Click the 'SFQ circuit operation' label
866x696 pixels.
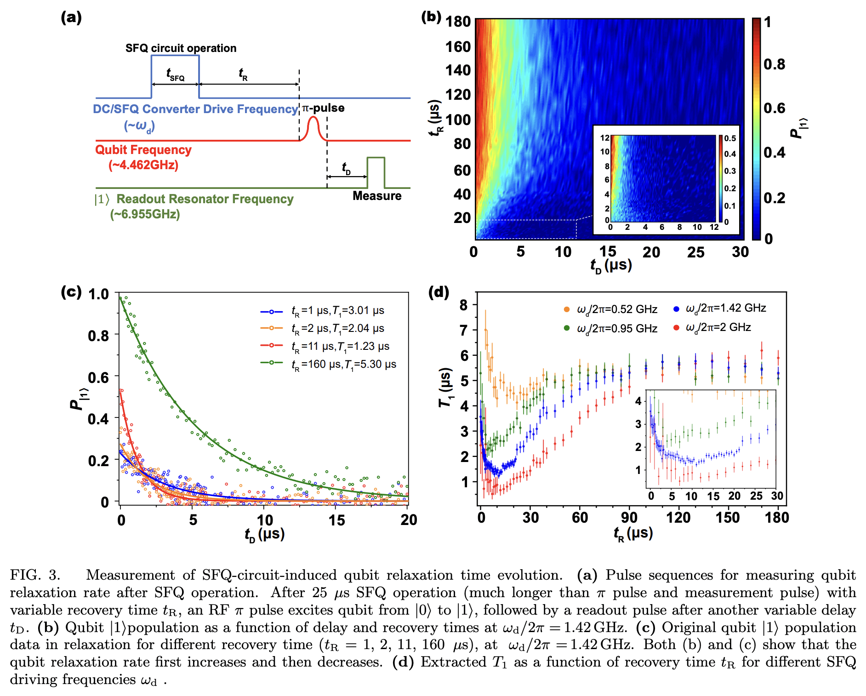[181, 48]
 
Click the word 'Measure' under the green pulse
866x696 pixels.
[377, 196]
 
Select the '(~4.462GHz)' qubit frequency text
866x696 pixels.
[143, 165]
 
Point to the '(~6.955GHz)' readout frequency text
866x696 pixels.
[145, 214]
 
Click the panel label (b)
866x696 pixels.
[431, 17]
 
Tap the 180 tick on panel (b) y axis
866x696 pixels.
[458, 22]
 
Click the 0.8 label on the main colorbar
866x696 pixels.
[775, 64]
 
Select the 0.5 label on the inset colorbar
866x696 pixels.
[730, 138]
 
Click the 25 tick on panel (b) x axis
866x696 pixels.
[695, 252]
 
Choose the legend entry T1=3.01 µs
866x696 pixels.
[338, 311]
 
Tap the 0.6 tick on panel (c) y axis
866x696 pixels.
[98, 378]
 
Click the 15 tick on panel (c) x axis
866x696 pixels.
[336, 520]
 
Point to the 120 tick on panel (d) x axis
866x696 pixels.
[678, 518]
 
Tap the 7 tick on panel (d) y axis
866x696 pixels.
[464, 330]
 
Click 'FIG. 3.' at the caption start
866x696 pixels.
[35, 576]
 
